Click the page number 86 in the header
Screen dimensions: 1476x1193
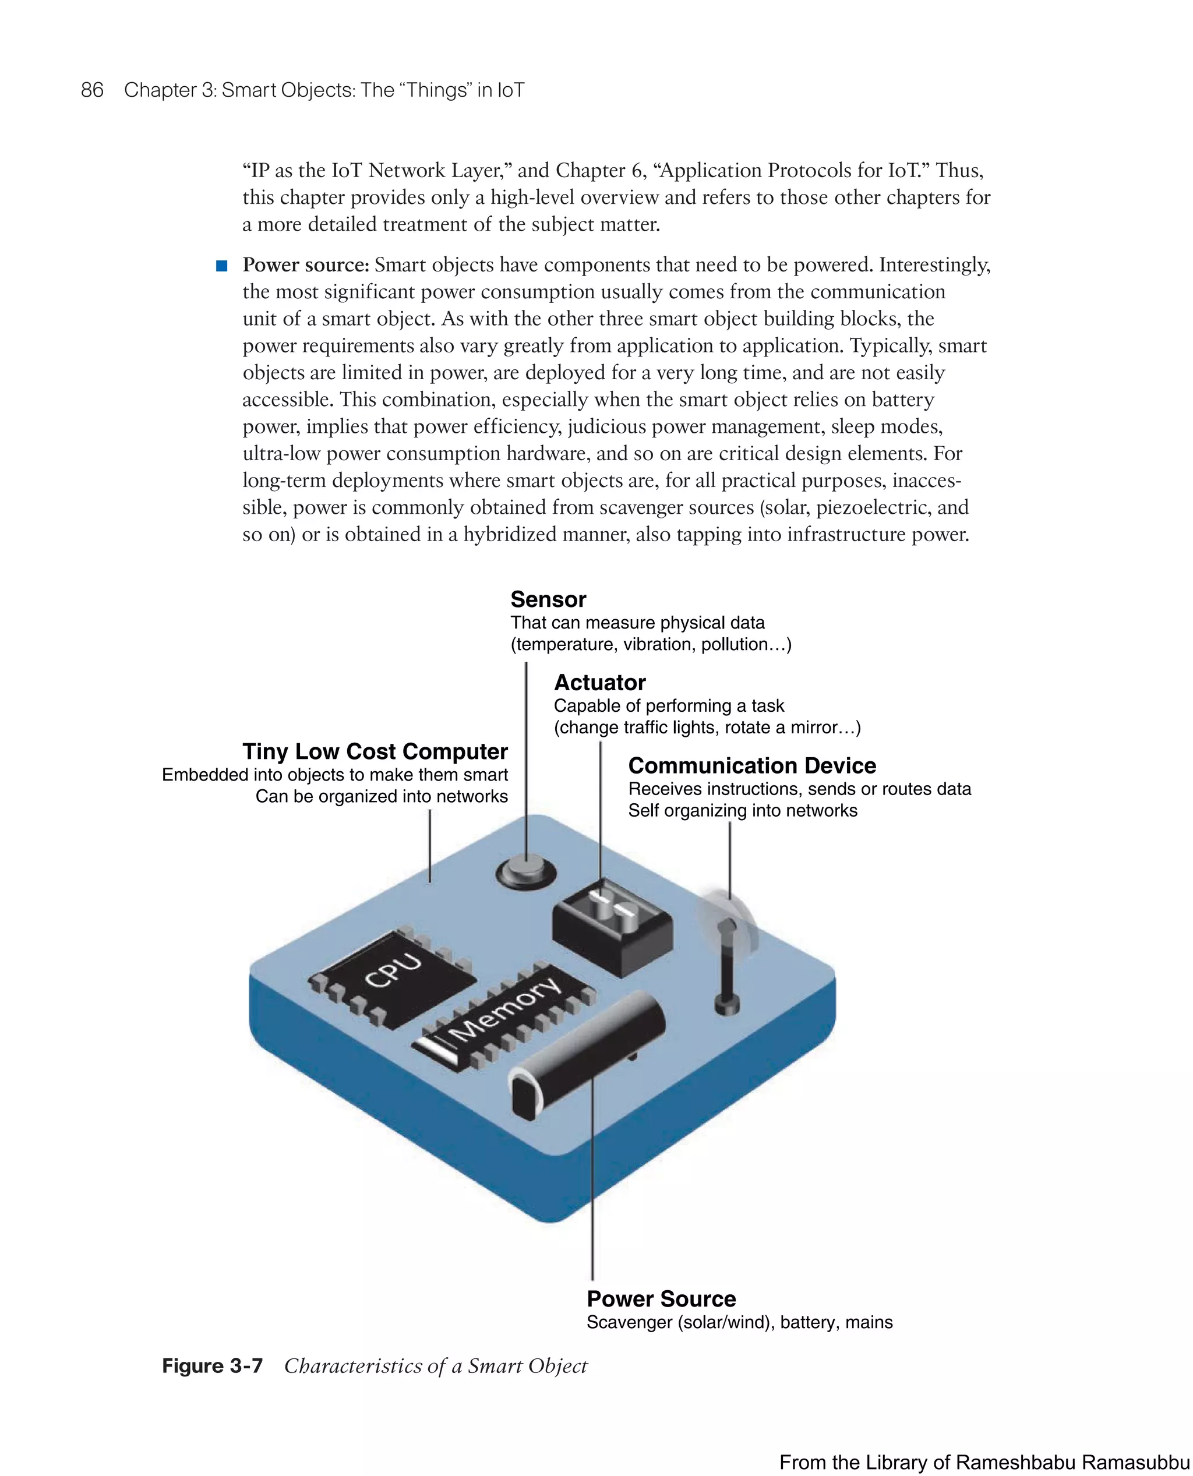pos(92,90)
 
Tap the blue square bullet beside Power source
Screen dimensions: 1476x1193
pos(221,266)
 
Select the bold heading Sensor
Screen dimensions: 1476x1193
pos(548,599)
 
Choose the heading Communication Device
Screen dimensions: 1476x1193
pos(752,765)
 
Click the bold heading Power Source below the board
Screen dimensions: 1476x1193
pos(661,1299)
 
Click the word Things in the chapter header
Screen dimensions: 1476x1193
pos(435,90)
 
